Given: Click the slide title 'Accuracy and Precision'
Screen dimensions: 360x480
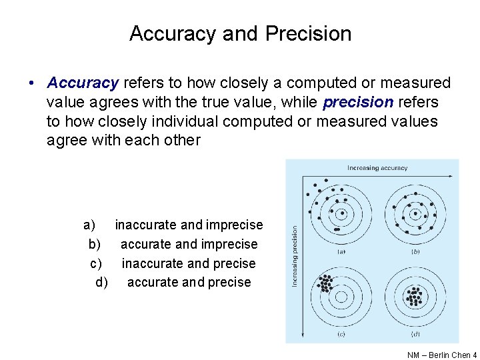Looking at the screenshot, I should pos(240,33).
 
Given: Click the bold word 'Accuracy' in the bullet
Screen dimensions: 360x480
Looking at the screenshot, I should pos(83,83).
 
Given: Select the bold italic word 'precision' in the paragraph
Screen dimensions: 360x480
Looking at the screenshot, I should pos(357,102).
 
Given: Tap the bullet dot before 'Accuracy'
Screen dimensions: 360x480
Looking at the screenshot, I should pos(32,84).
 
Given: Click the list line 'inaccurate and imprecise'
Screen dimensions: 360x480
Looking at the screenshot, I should pos(189,225).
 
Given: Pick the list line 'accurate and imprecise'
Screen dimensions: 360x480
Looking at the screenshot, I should pos(189,244).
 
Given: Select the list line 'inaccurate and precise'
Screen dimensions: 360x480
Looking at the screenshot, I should pos(189,263).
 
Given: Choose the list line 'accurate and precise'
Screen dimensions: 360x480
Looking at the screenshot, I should pos(189,282).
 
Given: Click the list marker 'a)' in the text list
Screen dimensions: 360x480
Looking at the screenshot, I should pos(89,225).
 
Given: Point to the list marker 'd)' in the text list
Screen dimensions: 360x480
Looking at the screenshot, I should pos(101,282).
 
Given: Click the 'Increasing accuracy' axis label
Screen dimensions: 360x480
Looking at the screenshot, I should pos(377,168).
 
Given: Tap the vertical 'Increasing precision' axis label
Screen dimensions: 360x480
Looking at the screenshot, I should pos(295,256).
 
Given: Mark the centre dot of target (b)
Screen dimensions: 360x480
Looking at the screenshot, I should pos(415,215).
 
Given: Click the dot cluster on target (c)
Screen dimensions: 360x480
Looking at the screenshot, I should pos(325,283).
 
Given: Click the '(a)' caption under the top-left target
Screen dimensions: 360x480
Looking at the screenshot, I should pos(341,251).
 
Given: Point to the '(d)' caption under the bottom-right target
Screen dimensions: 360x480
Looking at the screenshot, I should pos(415,333).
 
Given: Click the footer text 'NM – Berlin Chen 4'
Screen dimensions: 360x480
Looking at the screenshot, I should pos(441,355).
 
